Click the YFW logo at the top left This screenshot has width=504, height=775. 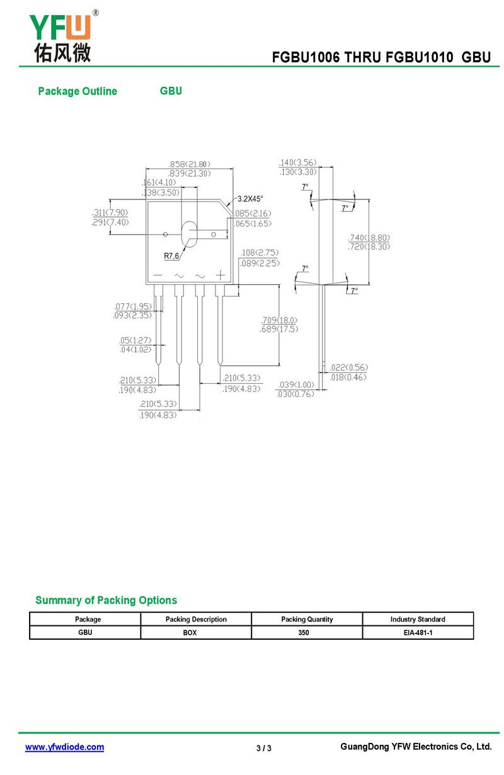pyautogui.click(x=61, y=36)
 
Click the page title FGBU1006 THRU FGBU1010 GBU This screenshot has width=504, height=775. pyautogui.click(x=381, y=57)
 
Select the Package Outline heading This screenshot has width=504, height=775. pyautogui.click(x=77, y=91)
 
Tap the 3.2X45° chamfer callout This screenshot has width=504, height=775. pyautogui.click(x=250, y=199)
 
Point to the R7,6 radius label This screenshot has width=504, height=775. pyautogui.click(x=171, y=256)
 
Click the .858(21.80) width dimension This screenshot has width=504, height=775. pyautogui.click(x=190, y=164)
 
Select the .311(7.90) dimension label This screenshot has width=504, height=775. pyautogui.click(x=110, y=213)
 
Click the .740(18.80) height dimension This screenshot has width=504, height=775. pyautogui.click(x=369, y=238)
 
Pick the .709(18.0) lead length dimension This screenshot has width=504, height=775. pyautogui.click(x=279, y=320)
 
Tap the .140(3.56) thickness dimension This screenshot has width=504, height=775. pyautogui.click(x=297, y=162)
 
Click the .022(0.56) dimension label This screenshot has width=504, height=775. pyautogui.click(x=349, y=367)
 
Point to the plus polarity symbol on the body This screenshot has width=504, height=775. pyautogui.click(x=220, y=275)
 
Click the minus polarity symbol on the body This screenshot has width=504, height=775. pyautogui.click(x=157, y=276)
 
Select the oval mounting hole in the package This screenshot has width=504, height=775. pyautogui.click(x=189, y=234)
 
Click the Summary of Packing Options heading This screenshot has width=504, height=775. pyautogui.click(x=106, y=600)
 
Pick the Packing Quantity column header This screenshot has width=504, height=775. pyautogui.click(x=307, y=619)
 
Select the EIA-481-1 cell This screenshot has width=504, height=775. pyautogui.click(x=418, y=632)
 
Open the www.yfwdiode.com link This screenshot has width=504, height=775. pyautogui.click(x=64, y=747)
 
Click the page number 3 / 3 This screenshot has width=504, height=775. pyautogui.click(x=264, y=748)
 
